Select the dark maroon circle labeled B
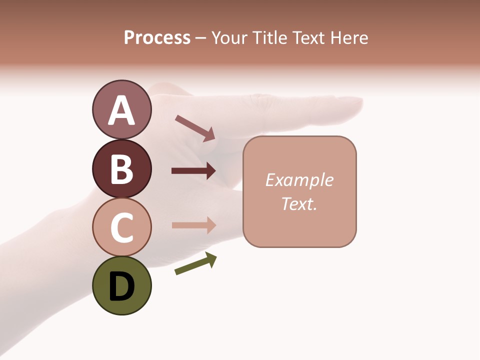121,168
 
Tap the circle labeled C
121,226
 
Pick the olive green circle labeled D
121,285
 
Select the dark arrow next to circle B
193,170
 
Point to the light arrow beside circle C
193,225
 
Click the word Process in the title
157,37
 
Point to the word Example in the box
299,180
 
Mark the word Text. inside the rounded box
299,203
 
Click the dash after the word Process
201,38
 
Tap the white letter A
121,110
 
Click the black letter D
121,287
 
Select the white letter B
121,169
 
